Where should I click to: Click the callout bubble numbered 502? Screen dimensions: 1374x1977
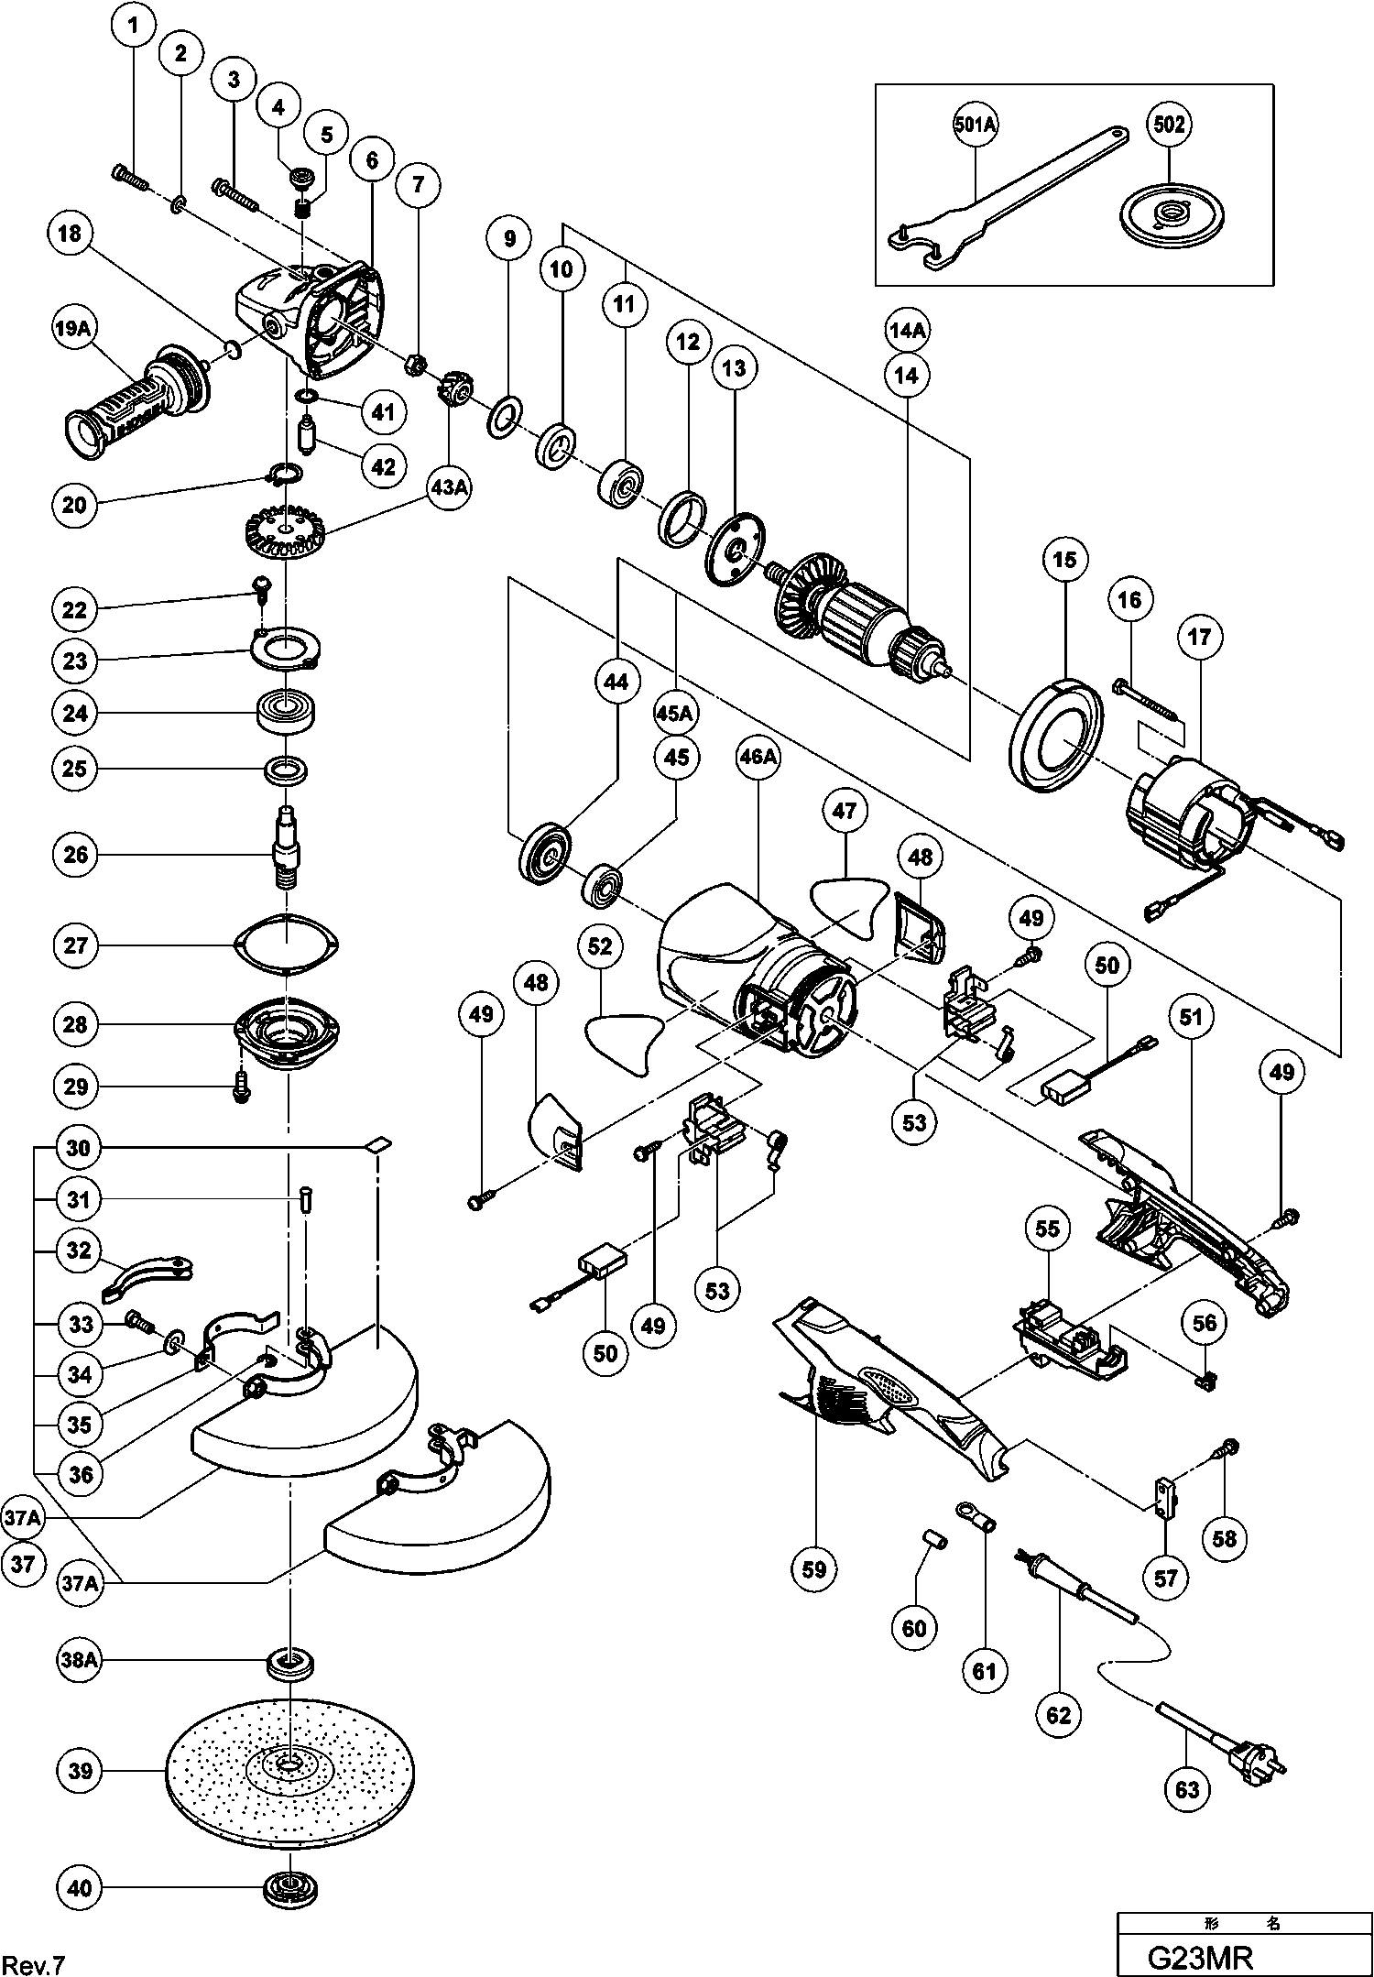coord(1170,125)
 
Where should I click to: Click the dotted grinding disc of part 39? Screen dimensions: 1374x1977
coord(289,1768)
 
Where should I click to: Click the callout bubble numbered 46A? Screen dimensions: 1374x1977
coord(759,757)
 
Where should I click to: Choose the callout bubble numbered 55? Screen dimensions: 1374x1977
coord(1048,1229)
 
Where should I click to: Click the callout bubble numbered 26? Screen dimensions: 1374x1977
coord(78,855)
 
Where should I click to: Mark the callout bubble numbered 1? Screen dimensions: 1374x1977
coord(135,27)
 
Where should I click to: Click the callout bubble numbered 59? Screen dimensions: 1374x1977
coord(814,1570)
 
